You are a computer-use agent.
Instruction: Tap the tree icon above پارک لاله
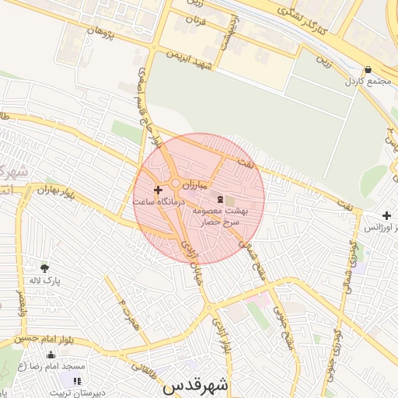(44, 267)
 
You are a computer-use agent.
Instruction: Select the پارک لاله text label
(45, 280)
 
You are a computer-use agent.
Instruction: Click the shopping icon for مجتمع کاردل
(368, 69)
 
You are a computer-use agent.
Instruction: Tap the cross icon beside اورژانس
(386, 215)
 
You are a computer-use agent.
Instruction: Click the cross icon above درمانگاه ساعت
(158, 189)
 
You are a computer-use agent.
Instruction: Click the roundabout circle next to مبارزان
(176, 184)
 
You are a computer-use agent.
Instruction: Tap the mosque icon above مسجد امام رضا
(51, 355)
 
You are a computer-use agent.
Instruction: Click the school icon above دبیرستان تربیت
(76, 380)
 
